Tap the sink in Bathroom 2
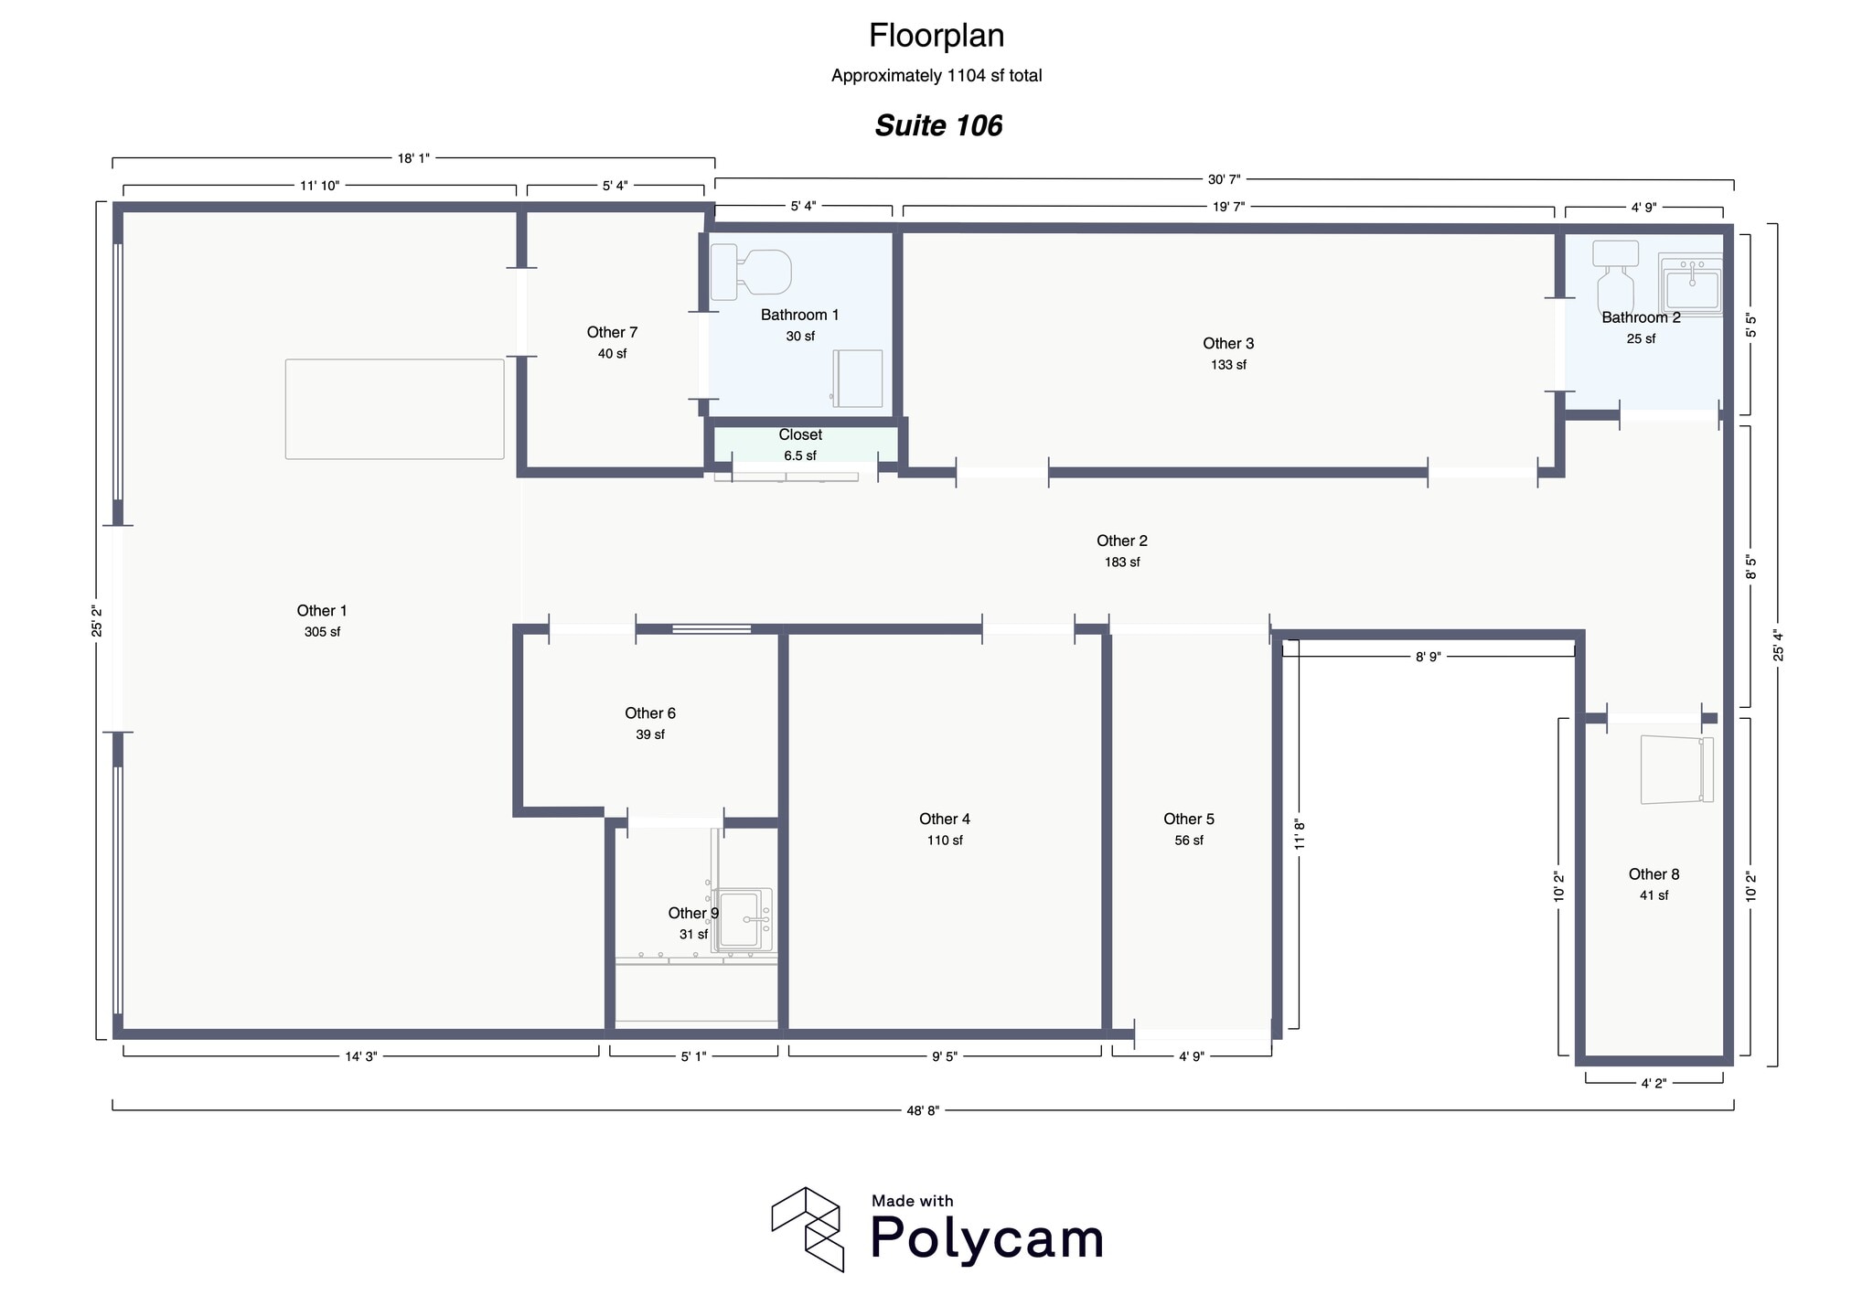click(1691, 284)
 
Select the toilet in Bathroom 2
click(1615, 277)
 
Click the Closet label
click(800, 435)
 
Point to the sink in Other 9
click(742, 919)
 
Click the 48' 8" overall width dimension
click(923, 1110)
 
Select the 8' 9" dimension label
click(1428, 657)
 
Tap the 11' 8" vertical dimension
click(1300, 833)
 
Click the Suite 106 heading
click(938, 125)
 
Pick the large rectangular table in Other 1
click(394, 409)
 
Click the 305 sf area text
click(322, 632)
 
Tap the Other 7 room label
click(612, 333)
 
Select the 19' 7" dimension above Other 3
click(1228, 207)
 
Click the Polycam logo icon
click(806, 1228)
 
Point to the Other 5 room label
click(1188, 819)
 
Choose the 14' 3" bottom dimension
click(360, 1056)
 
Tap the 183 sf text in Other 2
click(1121, 562)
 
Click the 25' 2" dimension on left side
click(97, 621)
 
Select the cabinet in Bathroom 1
click(858, 379)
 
